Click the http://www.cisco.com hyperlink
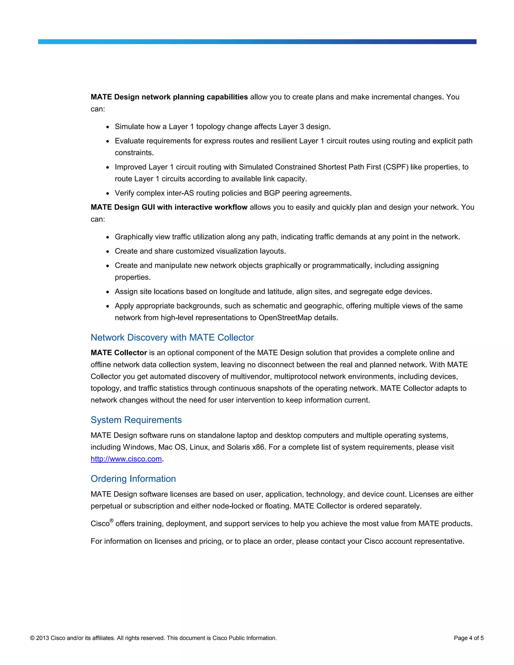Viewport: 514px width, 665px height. point(126,459)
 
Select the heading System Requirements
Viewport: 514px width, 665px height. point(136,420)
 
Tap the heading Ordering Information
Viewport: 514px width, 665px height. point(133,479)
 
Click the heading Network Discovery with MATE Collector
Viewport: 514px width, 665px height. point(172,337)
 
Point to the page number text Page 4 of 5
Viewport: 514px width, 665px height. point(468,638)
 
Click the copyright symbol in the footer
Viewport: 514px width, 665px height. point(32,638)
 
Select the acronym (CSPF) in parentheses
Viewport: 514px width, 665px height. point(396,167)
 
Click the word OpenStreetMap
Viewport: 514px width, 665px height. point(285,318)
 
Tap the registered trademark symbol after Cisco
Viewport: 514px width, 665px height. point(111,521)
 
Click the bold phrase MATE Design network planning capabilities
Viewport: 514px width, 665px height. point(169,97)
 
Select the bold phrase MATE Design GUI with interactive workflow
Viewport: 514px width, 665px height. point(169,207)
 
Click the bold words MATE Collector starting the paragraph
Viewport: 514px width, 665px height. point(119,353)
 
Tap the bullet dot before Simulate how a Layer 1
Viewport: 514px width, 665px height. point(107,127)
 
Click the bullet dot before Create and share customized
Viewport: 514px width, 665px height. point(107,252)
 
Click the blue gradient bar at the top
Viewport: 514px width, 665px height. point(257,42)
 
